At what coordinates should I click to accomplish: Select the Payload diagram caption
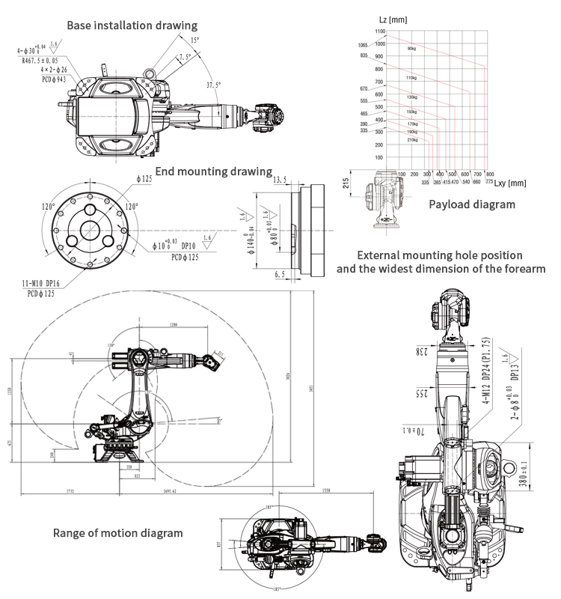coord(471,204)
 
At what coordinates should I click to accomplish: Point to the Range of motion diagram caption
coord(117,533)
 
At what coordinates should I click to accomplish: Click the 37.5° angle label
coord(214,85)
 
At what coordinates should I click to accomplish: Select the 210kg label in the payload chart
coord(411,139)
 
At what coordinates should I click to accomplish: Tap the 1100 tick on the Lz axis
coord(379,31)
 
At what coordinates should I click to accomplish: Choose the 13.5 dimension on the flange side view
coord(280,180)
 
